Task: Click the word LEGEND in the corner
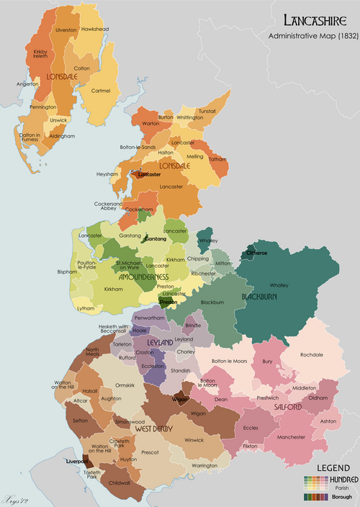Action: click(x=328, y=467)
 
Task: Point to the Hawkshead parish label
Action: click(x=94, y=29)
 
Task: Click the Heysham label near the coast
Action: click(x=106, y=174)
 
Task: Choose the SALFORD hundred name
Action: click(x=287, y=407)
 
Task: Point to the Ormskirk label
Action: click(x=125, y=375)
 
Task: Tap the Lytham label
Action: click(x=86, y=308)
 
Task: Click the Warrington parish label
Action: click(x=204, y=465)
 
